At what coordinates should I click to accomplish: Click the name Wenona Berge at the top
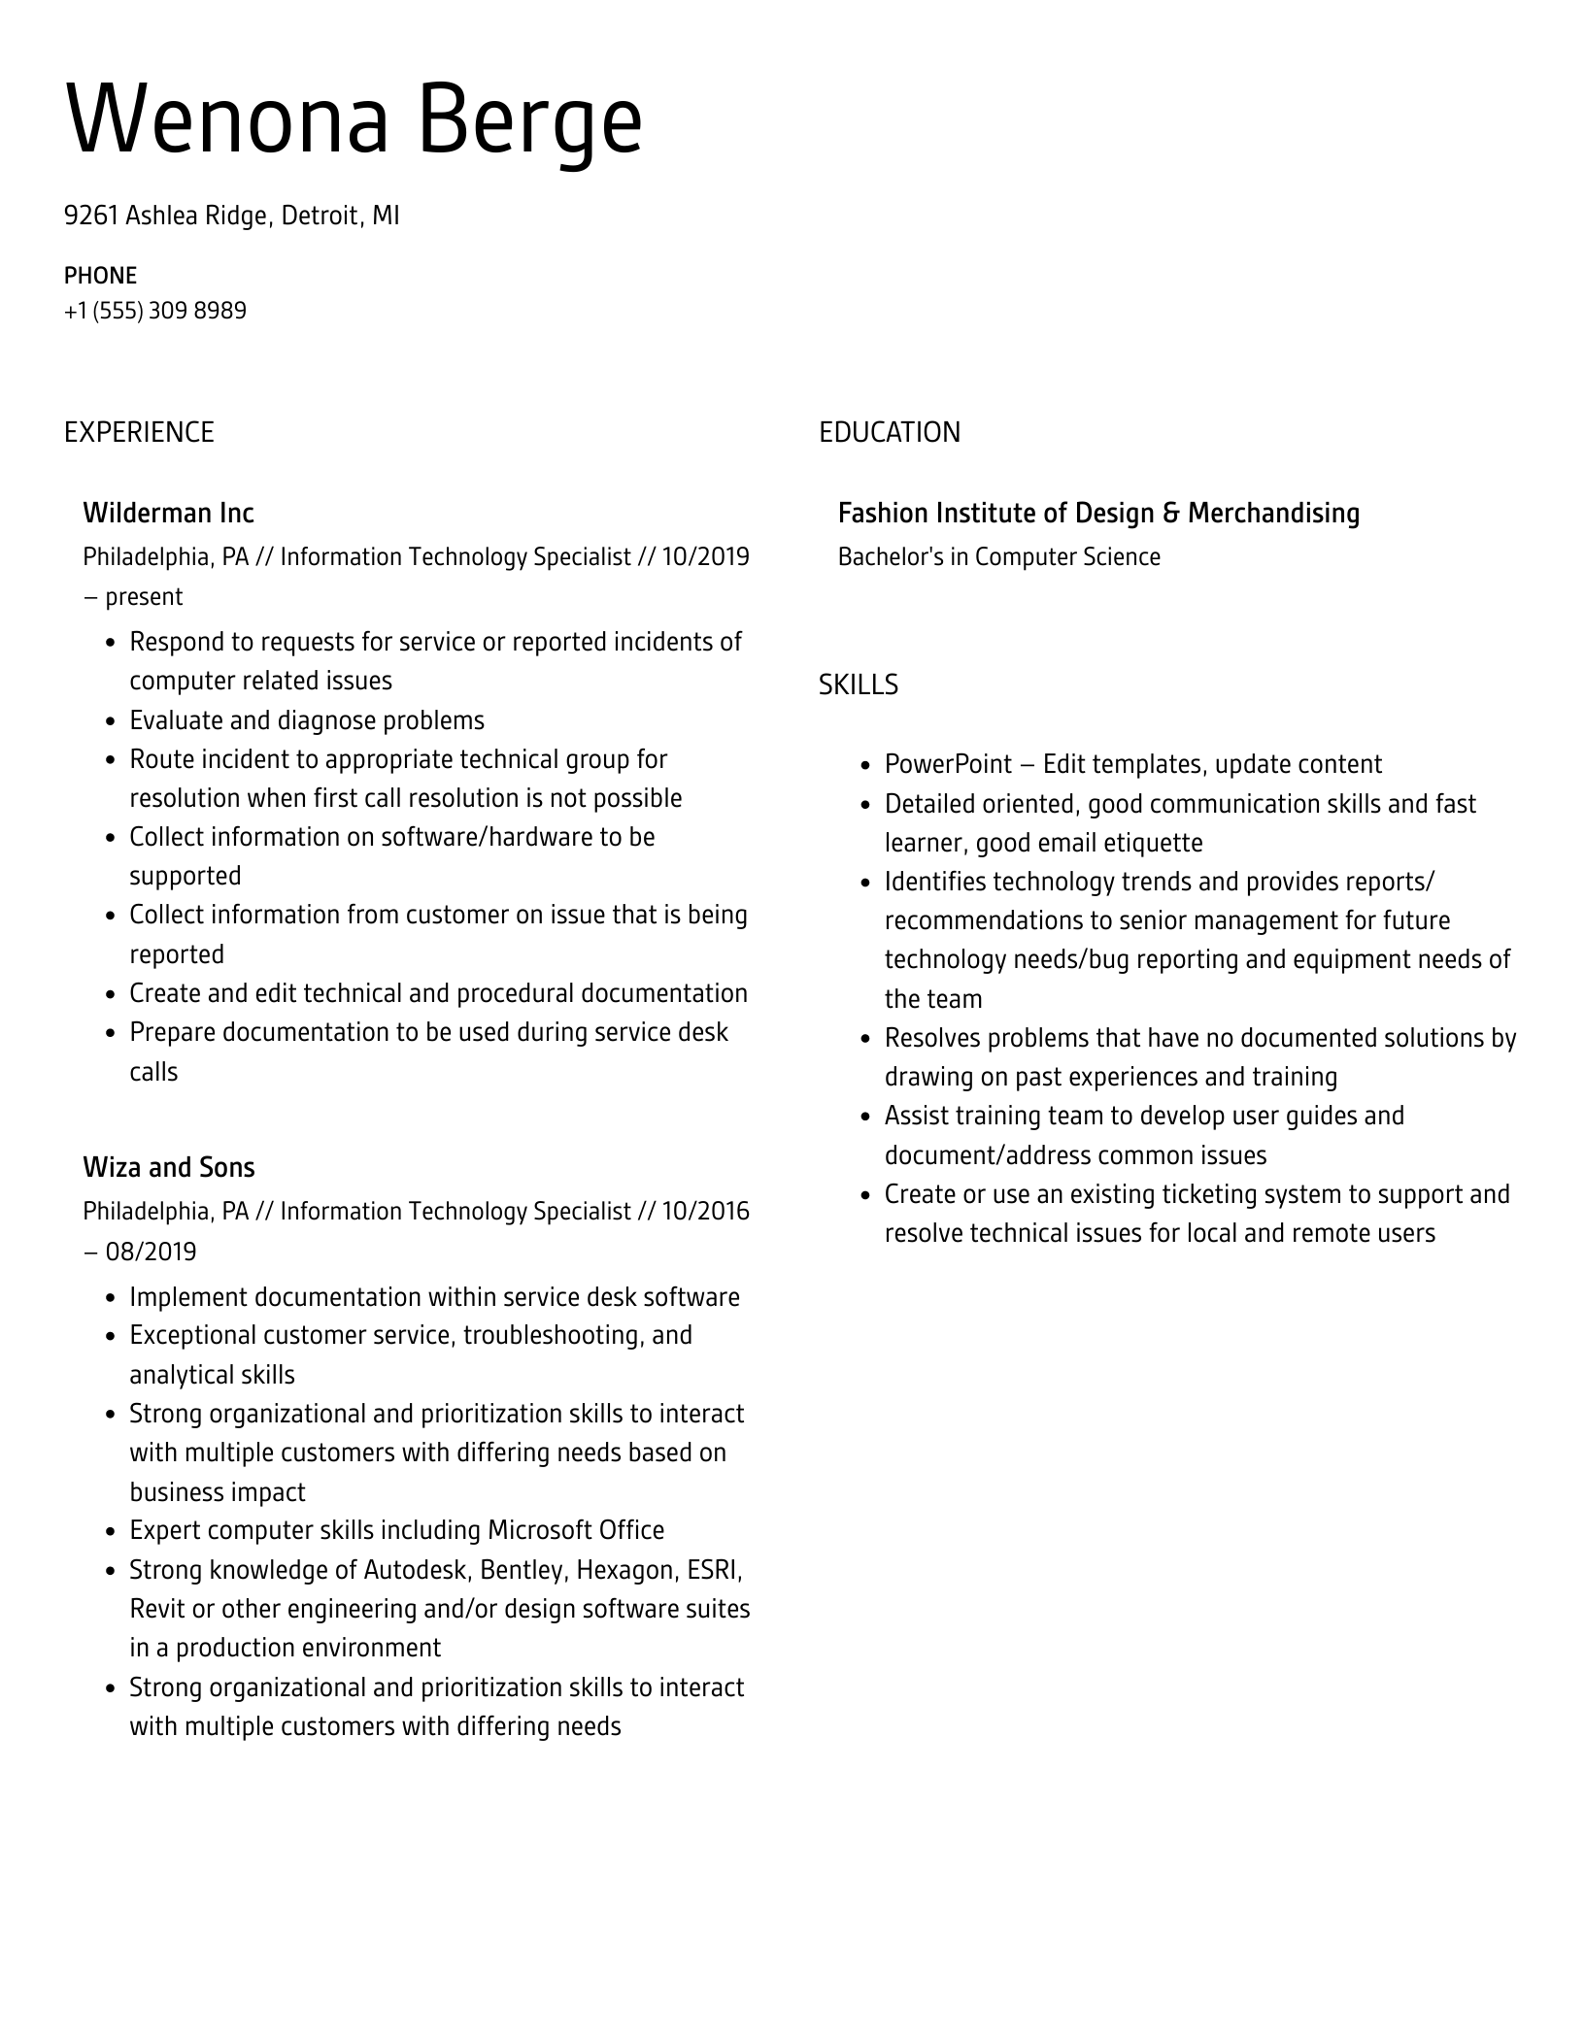(354, 120)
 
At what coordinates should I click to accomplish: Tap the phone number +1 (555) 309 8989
(155, 311)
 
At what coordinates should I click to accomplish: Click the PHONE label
(100, 276)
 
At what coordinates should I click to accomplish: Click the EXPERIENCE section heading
(139, 432)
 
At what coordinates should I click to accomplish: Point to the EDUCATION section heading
(889, 432)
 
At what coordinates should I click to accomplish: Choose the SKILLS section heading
(858, 685)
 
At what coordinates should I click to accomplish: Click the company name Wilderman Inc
(168, 513)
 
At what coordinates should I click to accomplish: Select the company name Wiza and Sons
(169, 1167)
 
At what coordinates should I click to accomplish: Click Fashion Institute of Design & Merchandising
(1098, 513)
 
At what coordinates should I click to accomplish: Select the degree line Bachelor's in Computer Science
(998, 557)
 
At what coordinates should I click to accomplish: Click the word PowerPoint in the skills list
(948, 764)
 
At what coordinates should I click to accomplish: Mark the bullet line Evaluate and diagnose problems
(307, 720)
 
